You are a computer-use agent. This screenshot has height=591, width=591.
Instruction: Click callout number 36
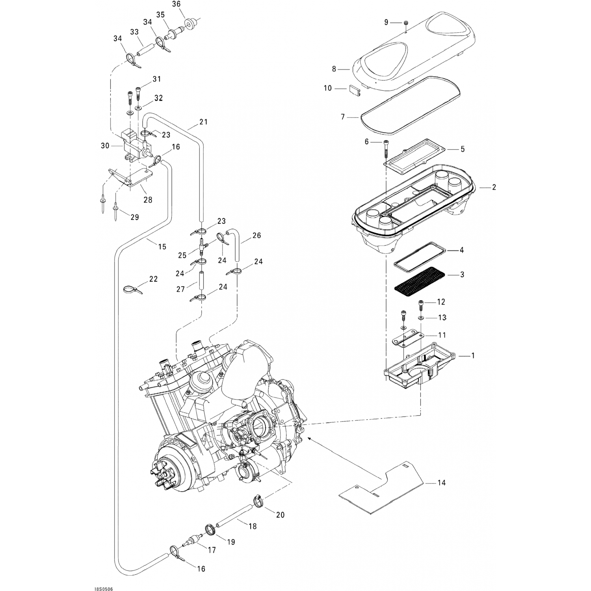[177, 4]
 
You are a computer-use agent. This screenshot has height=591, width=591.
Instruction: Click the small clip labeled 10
[355, 89]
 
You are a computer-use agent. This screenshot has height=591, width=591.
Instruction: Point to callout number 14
[441, 483]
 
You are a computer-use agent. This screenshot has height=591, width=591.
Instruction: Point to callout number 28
[148, 200]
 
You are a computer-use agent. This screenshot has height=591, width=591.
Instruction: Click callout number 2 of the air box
[494, 187]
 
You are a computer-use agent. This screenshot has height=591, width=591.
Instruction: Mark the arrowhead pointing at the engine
[309, 437]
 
